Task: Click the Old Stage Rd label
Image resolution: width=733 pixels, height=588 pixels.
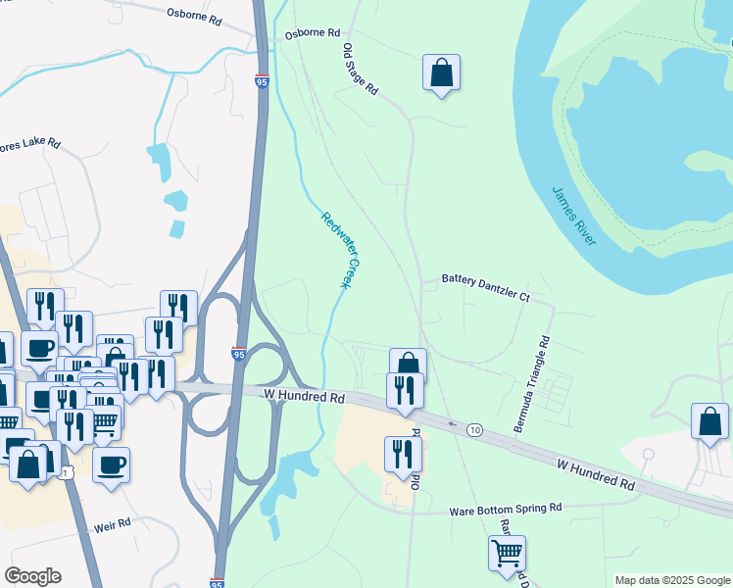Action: pos(360,69)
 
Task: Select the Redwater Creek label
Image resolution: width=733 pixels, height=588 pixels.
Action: pos(336,250)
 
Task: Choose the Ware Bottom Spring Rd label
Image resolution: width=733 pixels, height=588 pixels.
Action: pos(505,510)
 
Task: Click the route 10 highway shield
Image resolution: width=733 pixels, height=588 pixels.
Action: pos(474,430)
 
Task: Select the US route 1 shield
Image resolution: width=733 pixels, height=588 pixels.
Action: pos(66,474)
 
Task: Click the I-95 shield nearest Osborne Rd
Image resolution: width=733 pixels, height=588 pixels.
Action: pos(262,82)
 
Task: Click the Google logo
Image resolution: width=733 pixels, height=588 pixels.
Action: pos(32,576)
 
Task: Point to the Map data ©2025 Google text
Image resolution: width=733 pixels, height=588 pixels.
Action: pos(672,580)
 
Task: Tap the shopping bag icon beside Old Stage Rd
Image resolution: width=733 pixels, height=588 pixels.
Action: pos(442,73)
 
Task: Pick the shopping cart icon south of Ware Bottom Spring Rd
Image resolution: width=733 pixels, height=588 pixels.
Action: pos(507,553)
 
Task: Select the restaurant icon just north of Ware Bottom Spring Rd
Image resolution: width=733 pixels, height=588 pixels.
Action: pos(403,454)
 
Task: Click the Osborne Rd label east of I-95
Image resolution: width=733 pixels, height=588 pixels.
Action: pos(311,33)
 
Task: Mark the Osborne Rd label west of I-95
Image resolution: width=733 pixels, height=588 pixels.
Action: pos(194,14)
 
